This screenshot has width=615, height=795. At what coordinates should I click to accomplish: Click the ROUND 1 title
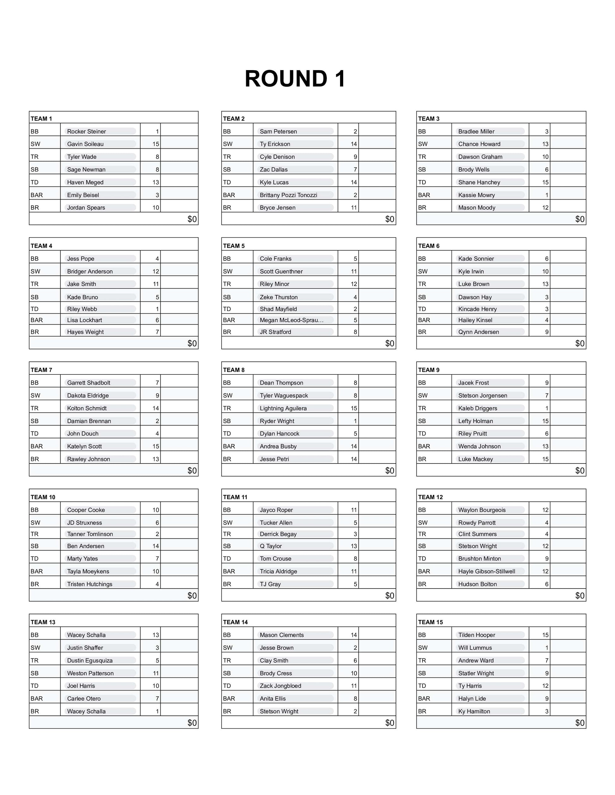(295, 79)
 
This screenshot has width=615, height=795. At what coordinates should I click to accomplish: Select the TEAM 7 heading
(41, 370)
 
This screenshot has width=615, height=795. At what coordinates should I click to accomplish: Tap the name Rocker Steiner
(86, 131)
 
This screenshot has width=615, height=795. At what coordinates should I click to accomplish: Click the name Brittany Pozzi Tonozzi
(288, 195)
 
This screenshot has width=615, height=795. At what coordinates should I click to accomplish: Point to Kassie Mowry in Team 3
(476, 195)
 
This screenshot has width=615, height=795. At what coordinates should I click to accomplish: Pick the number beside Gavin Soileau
(155, 144)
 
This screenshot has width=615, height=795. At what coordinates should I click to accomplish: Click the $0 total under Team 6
(579, 343)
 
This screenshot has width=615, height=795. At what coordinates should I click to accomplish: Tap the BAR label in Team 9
(424, 446)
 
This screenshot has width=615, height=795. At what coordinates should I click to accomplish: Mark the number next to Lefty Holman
(545, 421)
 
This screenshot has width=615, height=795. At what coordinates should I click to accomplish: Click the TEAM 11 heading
(235, 497)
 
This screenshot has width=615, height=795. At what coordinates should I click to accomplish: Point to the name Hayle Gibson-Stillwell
(486, 571)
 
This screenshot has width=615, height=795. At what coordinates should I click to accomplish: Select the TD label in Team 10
(35, 559)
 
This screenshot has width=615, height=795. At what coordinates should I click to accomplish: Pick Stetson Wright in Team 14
(279, 711)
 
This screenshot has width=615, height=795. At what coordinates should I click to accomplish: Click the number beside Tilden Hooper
(545, 635)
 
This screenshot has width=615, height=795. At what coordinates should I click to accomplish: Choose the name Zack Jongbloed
(280, 686)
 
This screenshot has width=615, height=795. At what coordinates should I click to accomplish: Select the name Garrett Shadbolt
(88, 383)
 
